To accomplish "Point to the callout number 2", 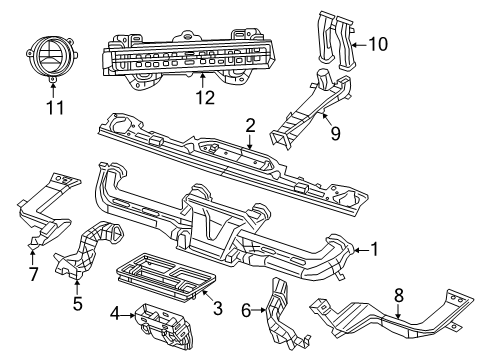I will [250, 125].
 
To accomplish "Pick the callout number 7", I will [34, 274].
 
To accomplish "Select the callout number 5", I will [76, 300].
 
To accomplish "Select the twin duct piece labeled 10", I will [335, 35].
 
